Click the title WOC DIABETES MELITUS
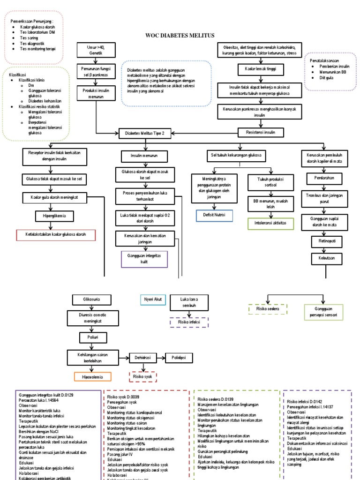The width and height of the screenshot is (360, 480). click(x=180, y=36)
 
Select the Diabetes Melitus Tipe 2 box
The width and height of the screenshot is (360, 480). click(x=144, y=134)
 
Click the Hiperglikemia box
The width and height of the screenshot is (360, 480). click(x=55, y=216)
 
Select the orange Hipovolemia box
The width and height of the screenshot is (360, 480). click(x=92, y=376)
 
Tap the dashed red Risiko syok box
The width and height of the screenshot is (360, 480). click(x=142, y=376)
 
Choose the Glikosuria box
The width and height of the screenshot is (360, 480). click(x=92, y=299)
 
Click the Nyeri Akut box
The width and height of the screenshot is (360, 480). click(x=152, y=299)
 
